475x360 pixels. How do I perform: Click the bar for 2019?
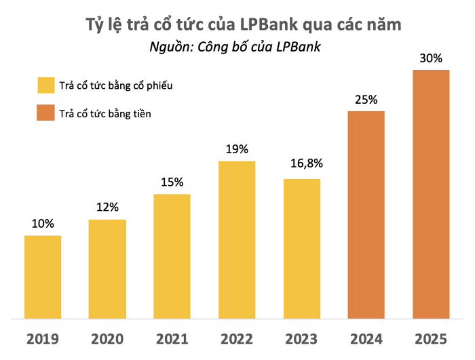(43, 277)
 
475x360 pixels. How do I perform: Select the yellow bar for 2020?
(107, 268)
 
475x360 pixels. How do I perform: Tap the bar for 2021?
(172, 256)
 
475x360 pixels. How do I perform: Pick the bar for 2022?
(237, 239)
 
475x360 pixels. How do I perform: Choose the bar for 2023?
(302, 248)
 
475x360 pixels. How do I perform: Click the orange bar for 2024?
(366, 214)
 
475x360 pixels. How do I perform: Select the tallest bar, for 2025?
(432, 193)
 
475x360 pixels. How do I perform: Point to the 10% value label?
(43, 224)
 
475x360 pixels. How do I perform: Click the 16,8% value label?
(302, 163)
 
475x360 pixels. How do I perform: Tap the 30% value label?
(432, 58)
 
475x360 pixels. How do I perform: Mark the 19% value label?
(237, 149)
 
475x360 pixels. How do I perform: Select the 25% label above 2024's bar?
(366, 100)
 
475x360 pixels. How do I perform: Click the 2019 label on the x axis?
(43, 338)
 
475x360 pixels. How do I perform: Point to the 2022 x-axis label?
(237, 338)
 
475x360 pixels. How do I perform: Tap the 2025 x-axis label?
(432, 338)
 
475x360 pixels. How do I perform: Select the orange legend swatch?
(46, 113)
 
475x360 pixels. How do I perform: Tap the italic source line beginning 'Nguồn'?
(234, 47)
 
